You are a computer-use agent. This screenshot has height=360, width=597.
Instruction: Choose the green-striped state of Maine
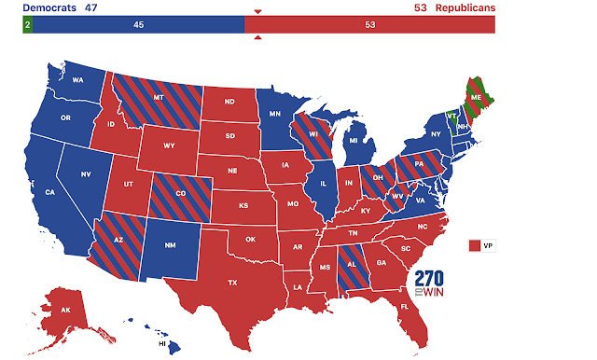click(478, 96)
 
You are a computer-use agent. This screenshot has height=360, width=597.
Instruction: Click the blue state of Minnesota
click(279, 117)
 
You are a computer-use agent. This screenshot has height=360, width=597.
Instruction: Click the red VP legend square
click(475, 245)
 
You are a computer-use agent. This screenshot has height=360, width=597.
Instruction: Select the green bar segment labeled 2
click(28, 24)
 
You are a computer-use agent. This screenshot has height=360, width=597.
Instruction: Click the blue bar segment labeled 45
click(138, 24)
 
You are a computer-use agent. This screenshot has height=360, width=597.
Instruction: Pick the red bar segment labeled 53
click(370, 24)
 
